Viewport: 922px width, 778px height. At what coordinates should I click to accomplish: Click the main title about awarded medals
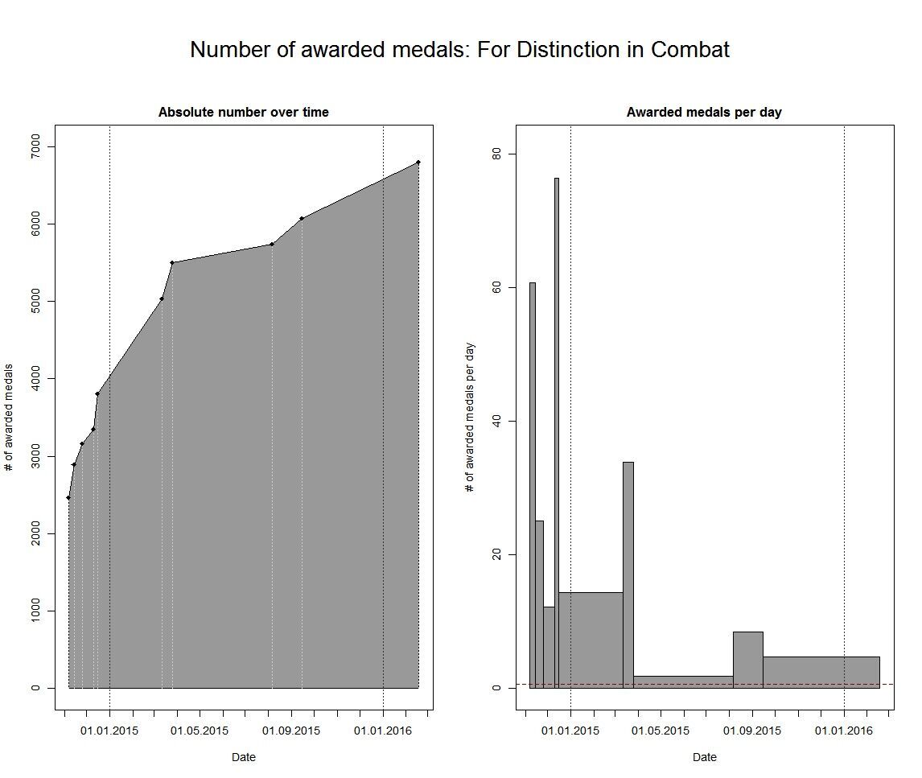tap(459, 50)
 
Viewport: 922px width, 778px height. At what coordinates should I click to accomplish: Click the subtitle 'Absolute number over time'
tap(243, 113)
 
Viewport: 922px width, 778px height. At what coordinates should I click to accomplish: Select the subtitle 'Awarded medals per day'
tap(704, 113)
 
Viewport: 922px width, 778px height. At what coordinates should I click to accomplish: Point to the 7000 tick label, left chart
tap(35, 146)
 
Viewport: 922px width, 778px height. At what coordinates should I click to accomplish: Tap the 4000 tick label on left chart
tap(35, 379)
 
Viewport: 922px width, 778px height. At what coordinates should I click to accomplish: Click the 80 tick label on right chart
tap(496, 154)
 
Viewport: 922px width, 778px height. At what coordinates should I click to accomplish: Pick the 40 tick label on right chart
tap(496, 421)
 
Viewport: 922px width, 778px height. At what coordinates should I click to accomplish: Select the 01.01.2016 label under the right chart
tap(844, 731)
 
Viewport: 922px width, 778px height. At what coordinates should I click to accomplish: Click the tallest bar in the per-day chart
tap(556, 434)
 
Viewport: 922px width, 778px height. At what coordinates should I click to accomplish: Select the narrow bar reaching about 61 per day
tap(533, 483)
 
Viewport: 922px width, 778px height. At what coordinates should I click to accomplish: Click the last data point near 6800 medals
tap(418, 163)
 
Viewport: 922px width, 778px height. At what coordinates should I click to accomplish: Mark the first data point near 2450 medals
tap(68, 498)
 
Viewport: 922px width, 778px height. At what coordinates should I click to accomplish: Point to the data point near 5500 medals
tap(172, 263)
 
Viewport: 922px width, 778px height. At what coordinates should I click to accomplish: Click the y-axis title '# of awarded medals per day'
tap(471, 418)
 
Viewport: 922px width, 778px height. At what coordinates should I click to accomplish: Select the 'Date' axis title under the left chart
tap(243, 757)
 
